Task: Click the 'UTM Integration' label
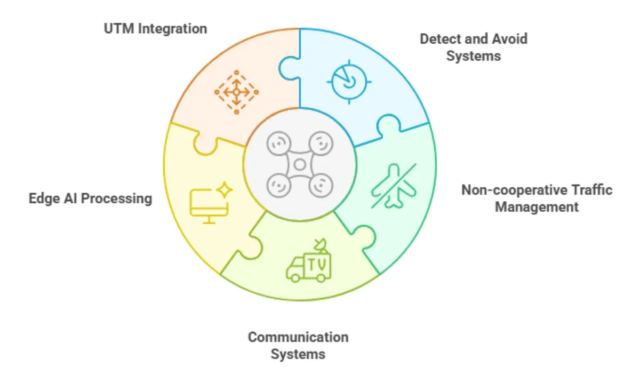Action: coord(155,28)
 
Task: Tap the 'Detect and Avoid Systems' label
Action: coord(474,47)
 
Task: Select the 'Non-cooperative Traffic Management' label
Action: coord(537,198)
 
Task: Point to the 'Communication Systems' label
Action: coord(298,345)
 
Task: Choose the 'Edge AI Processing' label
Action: coord(90,199)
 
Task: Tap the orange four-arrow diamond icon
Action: coord(236,92)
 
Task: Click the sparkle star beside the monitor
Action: coord(225,190)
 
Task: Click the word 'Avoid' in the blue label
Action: coord(509,39)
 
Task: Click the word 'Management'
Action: coord(537,206)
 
